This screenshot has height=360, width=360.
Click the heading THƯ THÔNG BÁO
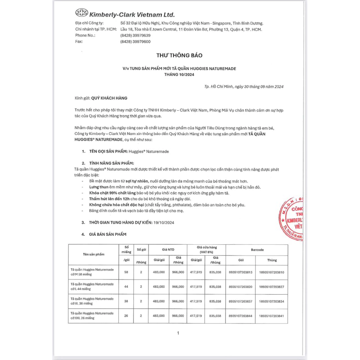point(179,55)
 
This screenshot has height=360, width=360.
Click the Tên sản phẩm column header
point(93,255)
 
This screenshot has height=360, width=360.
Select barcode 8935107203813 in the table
point(241,273)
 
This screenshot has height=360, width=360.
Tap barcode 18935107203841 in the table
point(272,316)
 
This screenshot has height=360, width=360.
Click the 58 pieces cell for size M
point(126,273)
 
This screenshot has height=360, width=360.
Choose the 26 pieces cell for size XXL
point(126,316)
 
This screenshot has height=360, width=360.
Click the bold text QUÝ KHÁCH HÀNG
point(109,98)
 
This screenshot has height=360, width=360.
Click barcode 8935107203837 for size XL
point(241,301)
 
